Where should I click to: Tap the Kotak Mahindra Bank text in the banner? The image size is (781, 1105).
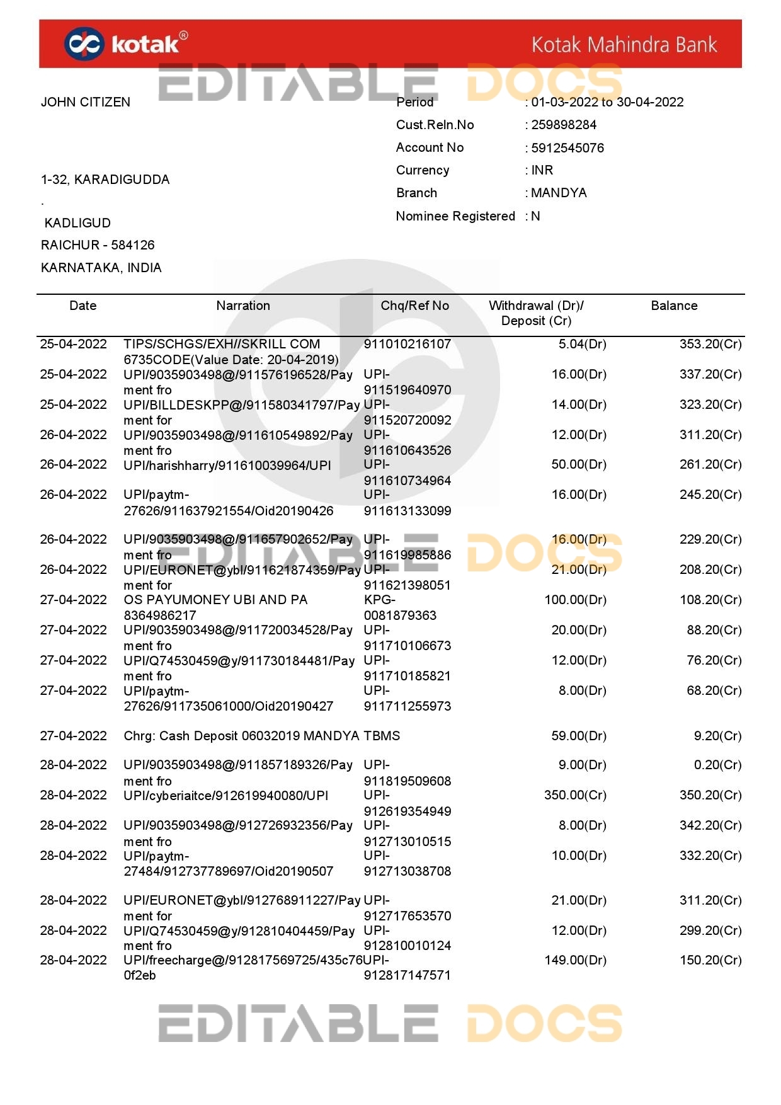[624, 45]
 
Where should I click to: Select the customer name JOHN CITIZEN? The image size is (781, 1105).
[86, 102]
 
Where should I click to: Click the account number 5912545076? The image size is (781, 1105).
[567, 148]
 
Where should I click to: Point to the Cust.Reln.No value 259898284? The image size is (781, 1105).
[563, 125]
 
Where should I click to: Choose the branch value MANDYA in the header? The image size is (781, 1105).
[559, 193]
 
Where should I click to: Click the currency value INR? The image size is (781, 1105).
[542, 170]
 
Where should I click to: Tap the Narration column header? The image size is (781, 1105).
[243, 306]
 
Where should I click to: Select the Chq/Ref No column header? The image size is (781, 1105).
[414, 306]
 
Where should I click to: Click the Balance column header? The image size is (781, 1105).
[674, 306]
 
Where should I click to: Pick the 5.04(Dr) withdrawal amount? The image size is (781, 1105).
[582, 344]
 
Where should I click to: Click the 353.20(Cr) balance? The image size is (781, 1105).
[710, 344]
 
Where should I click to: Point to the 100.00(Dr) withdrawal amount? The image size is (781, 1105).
[575, 600]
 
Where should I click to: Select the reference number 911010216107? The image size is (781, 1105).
[408, 344]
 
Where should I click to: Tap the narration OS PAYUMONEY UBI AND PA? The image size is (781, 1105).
[215, 600]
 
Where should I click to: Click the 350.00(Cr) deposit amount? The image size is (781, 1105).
[575, 795]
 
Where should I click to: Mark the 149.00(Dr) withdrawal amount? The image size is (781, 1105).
[575, 960]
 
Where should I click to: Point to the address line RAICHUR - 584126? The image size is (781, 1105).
[98, 245]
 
